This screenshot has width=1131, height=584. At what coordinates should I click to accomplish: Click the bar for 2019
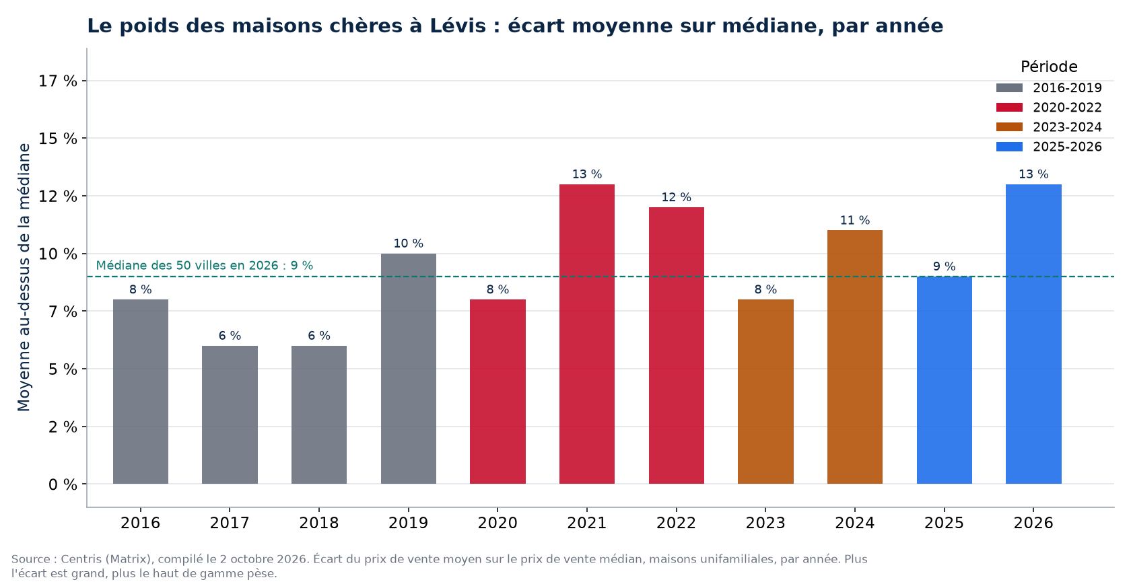tap(409, 369)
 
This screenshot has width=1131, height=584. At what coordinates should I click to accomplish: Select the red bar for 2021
tap(587, 334)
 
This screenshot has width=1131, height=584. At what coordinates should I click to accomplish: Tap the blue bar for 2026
tap(1033, 334)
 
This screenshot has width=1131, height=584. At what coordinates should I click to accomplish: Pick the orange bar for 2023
tap(765, 392)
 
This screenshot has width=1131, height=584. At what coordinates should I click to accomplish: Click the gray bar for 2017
tap(230, 415)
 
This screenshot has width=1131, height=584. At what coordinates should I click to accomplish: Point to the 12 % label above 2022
tap(676, 197)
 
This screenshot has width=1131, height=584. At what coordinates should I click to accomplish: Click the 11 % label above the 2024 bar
tap(855, 221)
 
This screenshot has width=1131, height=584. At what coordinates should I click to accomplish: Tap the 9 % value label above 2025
tap(944, 266)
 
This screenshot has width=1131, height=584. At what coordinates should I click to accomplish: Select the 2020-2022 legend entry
tap(1049, 108)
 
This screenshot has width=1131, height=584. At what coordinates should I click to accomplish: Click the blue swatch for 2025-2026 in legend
tap(1009, 147)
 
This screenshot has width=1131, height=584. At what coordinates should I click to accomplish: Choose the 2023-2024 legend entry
tap(1049, 127)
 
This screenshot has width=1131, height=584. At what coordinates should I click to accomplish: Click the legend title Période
tap(1049, 67)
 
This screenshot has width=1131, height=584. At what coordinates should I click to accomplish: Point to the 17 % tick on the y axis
tap(58, 81)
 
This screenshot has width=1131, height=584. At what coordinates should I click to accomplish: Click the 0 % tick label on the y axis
tap(63, 484)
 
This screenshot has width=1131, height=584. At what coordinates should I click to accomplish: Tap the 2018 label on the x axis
tap(319, 523)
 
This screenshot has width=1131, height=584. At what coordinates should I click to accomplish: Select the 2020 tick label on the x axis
tap(498, 523)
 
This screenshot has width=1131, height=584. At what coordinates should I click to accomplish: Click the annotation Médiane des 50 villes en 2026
tap(188, 266)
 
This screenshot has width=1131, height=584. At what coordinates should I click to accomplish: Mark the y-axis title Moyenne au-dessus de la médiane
tap(24, 277)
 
